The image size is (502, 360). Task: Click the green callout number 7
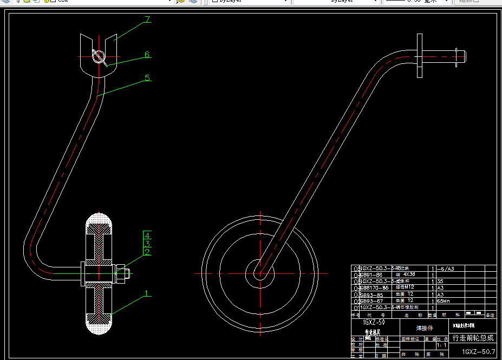tap(147, 20)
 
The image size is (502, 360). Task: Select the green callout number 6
tap(147, 55)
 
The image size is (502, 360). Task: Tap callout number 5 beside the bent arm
tap(147, 78)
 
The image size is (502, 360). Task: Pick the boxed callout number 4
tap(147, 235)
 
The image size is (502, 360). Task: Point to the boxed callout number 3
tap(147, 244)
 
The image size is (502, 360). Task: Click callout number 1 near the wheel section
tap(146, 294)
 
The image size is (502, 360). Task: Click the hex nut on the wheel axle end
tap(120, 273)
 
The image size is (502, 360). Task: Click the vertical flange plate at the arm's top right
tap(419, 55)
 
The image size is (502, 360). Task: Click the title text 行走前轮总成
tap(473, 338)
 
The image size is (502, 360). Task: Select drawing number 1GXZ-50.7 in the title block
tap(475, 352)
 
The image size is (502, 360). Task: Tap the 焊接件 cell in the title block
tap(424, 328)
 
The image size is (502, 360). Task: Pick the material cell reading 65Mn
tap(444, 301)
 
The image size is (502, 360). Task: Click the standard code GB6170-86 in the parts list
tap(374, 288)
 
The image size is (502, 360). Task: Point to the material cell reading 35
tap(440, 282)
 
